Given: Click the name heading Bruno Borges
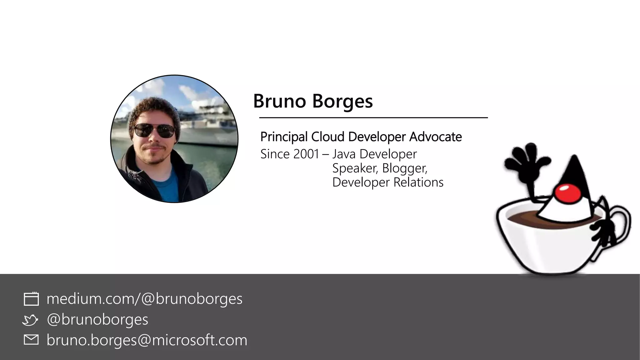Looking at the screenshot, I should pos(313,101).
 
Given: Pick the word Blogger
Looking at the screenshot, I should pos(404,168).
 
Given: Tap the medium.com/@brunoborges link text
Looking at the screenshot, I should pos(144,298).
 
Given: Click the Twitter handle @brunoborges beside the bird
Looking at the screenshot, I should pos(97,319).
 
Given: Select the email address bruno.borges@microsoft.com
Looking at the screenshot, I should pos(147,340).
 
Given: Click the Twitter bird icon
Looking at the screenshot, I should pos(30,320).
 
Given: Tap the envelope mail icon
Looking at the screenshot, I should pos(31,340).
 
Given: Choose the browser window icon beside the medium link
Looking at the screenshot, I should pos(31,299).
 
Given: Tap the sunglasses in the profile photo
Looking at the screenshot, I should pos(154,130).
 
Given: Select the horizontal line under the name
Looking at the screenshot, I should pos(373,118).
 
